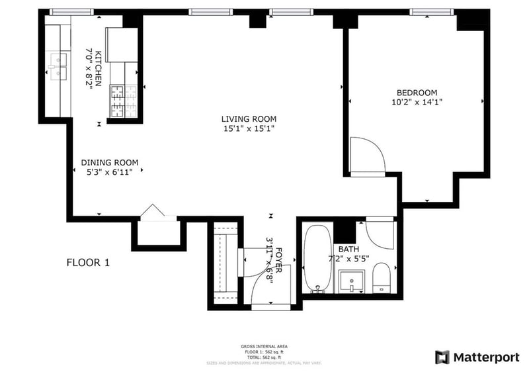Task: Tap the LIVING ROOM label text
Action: click(x=248, y=119)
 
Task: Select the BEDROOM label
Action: click(x=417, y=92)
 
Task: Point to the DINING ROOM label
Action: click(x=110, y=162)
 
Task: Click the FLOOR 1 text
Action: click(x=88, y=263)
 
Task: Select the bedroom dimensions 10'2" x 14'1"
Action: click(x=417, y=102)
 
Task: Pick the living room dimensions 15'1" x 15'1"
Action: click(x=248, y=129)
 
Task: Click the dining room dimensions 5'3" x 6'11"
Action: click(x=110, y=172)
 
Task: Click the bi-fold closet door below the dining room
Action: click(x=154, y=211)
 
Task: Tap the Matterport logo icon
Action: click(x=442, y=357)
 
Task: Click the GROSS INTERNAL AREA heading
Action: click(x=264, y=346)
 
